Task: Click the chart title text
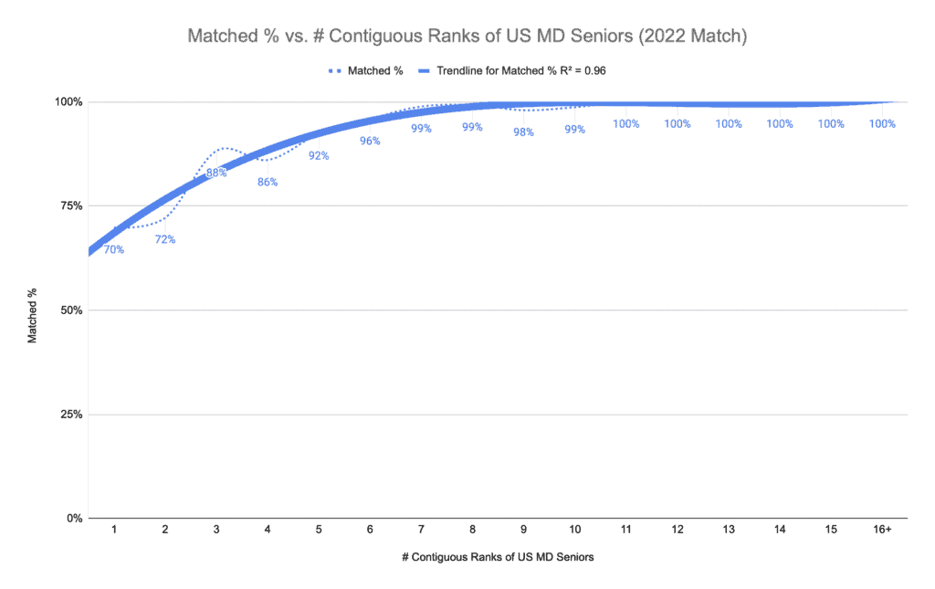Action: [467, 37]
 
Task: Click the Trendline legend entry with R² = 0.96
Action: [527, 69]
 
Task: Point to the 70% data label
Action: [114, 249]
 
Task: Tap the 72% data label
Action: [165, 240]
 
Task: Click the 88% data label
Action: [216, 172]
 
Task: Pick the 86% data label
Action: [268, 182]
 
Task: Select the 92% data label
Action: [319, 155]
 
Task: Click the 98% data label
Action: [523, 131]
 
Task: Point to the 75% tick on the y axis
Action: [70, 205]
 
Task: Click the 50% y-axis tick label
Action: [70, 310]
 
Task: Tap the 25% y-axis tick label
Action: [70, 414]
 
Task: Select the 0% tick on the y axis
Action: [73, 518]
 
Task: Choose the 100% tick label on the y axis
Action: [68, 101]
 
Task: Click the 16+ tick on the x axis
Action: [882, 530]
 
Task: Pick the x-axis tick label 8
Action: [472, 530]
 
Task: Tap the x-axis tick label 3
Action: [216, 530]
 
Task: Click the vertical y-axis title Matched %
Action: [33, 310]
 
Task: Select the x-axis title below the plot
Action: [498, 557]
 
